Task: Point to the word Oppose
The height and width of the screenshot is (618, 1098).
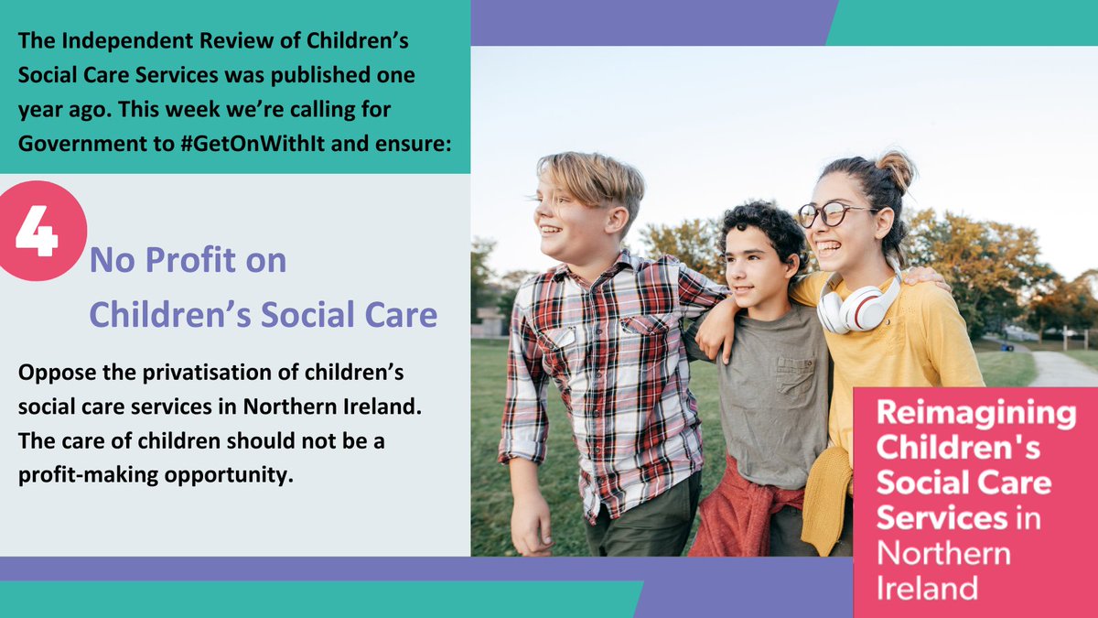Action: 54,376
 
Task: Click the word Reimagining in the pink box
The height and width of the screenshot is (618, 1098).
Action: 975,413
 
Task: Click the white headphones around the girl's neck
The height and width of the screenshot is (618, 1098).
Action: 856,307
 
